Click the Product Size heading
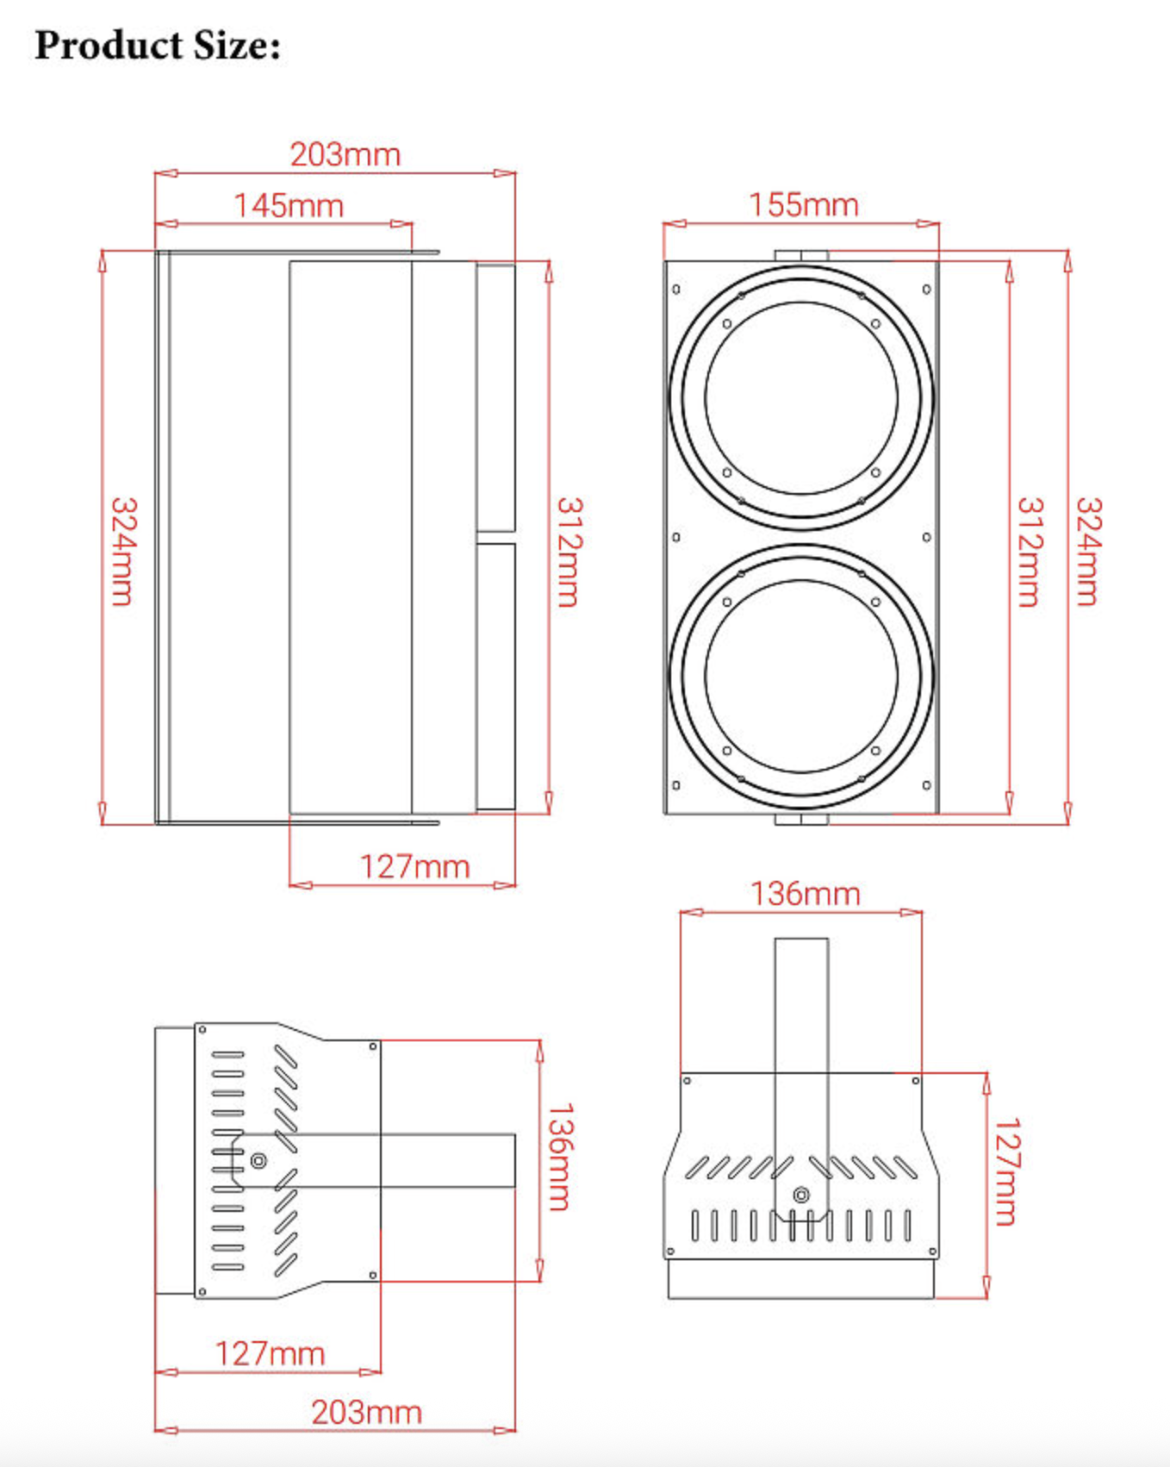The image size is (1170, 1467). tap(158, 46)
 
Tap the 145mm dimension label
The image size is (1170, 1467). tap(289, 206)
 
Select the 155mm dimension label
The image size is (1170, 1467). tap(803, 205)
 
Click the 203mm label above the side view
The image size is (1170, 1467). tap(345, 155)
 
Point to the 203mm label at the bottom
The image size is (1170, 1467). tap(366, 1413)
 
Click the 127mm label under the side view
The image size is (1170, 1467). tap(414, 867)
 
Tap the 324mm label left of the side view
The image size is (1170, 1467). tap(123, 552)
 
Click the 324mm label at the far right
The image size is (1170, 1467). tap(1088, 552)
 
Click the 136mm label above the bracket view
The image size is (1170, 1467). tap(805, 895)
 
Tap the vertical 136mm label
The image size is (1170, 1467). tap(560, 1157)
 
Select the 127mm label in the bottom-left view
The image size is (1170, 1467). tap(270, 1354)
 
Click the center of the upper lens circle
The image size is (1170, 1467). tap(801, 397)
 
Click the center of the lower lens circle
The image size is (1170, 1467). tap(801, 675)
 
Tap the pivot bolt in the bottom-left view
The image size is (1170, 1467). tap(258, 1161)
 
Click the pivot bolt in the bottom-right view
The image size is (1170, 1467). tap(801, 1195)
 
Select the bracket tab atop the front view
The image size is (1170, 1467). tap(801, 255)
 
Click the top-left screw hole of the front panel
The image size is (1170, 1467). tap(676, 290)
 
